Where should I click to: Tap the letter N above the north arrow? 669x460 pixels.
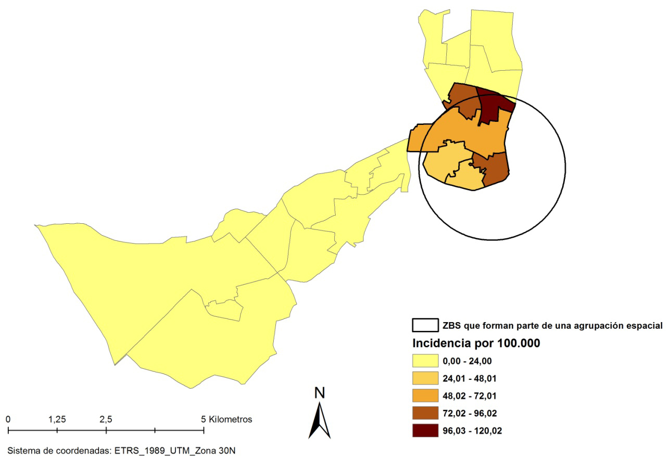[x=320, y=393]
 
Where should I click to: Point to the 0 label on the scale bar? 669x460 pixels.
[x=8, y=419]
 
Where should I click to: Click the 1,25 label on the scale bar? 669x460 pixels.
[x=57, y=419]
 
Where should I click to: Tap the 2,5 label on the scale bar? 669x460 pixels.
[x=106, y=419]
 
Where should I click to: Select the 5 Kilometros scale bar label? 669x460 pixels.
[x=226, y=419]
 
